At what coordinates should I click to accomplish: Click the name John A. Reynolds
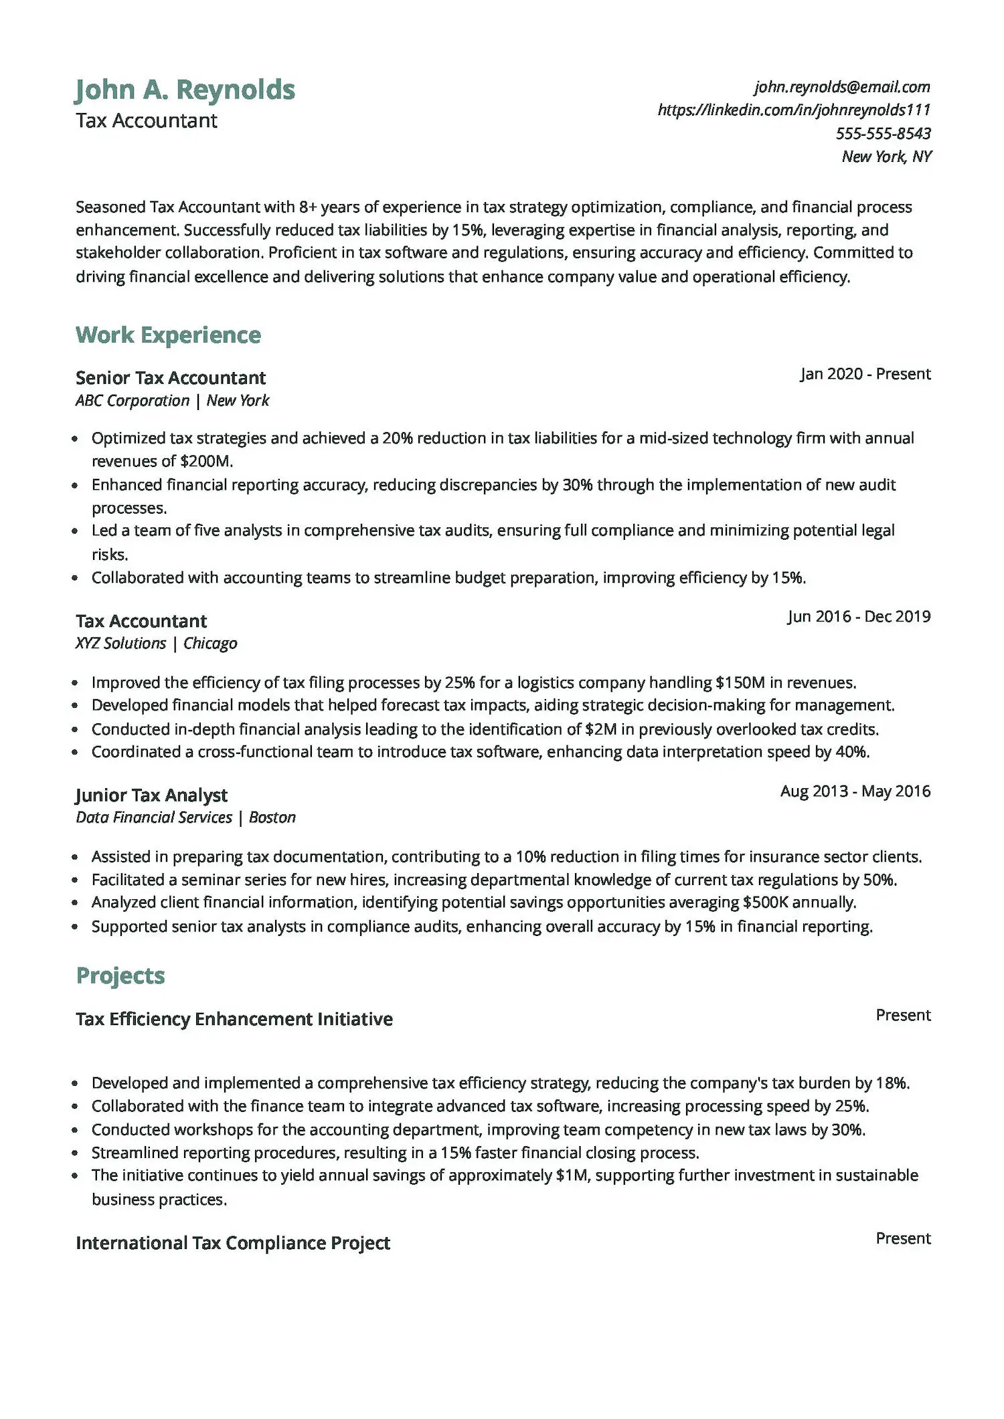coord(185,90)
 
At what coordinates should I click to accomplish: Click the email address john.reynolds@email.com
coord(841,87)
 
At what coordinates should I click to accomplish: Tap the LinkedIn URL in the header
coord(794,110)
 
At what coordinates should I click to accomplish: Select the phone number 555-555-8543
coord(883,133)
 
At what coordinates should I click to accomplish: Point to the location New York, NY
coord(886,157)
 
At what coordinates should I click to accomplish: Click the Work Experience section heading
coord(168,335)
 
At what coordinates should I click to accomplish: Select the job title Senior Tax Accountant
coord(170,378)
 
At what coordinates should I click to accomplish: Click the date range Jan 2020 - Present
coord(865,374)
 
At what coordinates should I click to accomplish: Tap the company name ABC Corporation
coord(133,401)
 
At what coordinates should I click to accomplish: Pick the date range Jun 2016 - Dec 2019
coord(859,616)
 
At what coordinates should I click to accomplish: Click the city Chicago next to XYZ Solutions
coord(210,644)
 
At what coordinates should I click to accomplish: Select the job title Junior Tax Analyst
coord(151,795)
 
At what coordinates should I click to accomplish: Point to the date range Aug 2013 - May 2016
coord(855,791)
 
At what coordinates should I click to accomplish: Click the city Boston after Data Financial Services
coord(272,818)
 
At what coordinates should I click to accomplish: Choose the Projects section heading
coord(120,976)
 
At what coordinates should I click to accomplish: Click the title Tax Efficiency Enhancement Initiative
coord(234,1019)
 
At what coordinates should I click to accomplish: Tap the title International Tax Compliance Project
coord(233,1243)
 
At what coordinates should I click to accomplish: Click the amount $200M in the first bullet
coord(205,462)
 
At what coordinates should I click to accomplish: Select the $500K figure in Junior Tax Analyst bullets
coord(766,903)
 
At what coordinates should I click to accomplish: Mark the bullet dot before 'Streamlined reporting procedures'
coord(76,1153)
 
